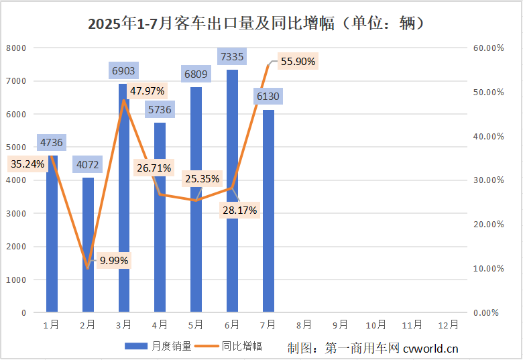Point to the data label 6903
123,70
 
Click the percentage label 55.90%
298,62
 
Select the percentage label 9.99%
113,260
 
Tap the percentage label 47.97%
148,91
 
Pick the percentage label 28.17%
240,210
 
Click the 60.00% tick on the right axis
487,48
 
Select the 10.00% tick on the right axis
487,269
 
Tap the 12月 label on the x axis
449,325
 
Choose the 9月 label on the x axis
340,325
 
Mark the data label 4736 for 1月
52,142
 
